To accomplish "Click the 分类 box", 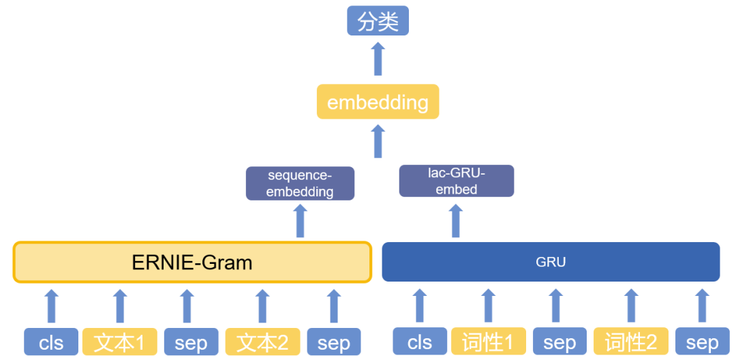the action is coord(378,20).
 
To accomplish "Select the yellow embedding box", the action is coord(378,102).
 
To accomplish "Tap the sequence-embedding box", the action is coord(300,183).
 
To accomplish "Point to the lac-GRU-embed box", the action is coord(456,181).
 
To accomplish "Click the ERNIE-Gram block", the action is coord(192,262).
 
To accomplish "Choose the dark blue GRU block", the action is coord(551,262).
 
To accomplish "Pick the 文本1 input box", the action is coord(120,342).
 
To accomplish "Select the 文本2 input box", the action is coord(263,342).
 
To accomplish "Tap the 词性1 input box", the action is coord(488,342).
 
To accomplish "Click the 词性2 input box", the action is coord(631,342).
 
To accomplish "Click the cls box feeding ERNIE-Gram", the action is coord(51,342).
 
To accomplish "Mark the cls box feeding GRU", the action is coord(420,342).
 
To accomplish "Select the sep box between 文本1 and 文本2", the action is coord(191,342).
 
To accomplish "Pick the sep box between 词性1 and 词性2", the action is coord(559,342).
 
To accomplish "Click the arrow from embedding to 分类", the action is coord(378,59).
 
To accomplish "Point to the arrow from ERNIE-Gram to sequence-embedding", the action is coord(301,221).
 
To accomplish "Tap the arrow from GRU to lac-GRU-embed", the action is coord(456,221).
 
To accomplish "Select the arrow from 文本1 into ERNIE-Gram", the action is coord(121,306).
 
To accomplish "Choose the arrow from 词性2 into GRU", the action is coord(632,305).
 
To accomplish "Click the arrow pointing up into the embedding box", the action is coord(378,141).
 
